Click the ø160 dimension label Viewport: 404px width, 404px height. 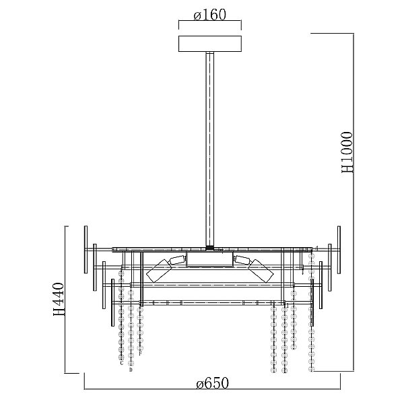tap(209, 15)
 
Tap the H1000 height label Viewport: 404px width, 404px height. tap(347, 152)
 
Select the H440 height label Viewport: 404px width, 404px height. tap(58, 300)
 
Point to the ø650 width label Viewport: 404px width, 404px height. tap(212, 383)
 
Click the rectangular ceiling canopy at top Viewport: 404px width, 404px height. tap(210, 44)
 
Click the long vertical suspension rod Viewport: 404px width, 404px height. tap(209, 149)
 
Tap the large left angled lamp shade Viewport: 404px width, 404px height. tap(159, 271)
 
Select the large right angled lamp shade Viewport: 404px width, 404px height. tap(261, 271)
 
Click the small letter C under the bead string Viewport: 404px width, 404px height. tap(121, 364)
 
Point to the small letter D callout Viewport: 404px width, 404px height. tap(131, 370)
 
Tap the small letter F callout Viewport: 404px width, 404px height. tap(140, 353)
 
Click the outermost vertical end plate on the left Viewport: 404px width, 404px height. tap(86, 249)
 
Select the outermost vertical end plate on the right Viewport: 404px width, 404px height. tap(339, 250)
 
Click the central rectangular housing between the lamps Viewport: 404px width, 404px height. tap(209, 259)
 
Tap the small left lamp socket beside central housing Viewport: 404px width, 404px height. tap(178, 260)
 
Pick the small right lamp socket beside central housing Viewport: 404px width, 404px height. tap(242, 260)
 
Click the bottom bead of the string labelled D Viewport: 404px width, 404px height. tap(131, 364)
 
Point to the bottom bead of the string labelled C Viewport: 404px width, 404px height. tap(121, 357)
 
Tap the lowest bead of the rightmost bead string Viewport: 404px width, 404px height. tap(312, 369)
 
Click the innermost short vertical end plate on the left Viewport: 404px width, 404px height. tap(112, 302)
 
